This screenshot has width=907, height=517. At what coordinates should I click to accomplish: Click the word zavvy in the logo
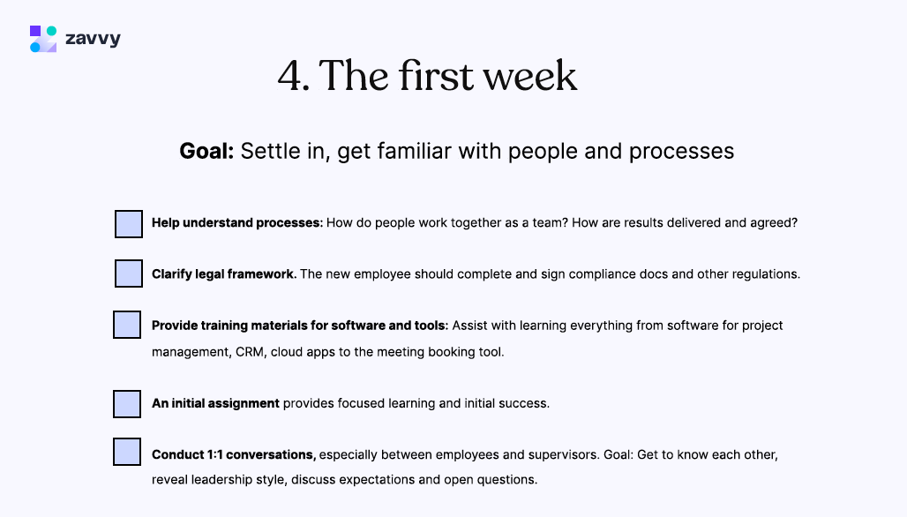93,39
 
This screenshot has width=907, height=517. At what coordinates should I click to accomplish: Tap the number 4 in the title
290,77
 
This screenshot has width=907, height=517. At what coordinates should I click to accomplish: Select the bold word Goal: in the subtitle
206,151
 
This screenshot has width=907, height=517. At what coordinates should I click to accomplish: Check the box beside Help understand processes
129,224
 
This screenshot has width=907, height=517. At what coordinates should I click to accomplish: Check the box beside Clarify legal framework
129,273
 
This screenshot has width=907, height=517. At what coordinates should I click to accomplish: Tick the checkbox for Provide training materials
127,325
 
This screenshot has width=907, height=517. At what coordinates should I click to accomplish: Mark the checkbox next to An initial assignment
127,404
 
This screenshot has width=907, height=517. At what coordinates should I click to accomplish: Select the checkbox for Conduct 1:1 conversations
127,452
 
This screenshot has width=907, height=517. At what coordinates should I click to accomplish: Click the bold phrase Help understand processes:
236,223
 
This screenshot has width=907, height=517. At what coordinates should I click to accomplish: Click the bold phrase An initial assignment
215,403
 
